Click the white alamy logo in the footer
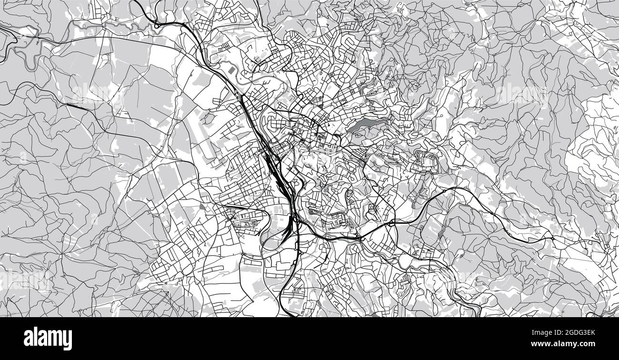[48, 339]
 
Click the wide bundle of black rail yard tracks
[274, 167]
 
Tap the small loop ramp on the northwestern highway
[158, 24]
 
